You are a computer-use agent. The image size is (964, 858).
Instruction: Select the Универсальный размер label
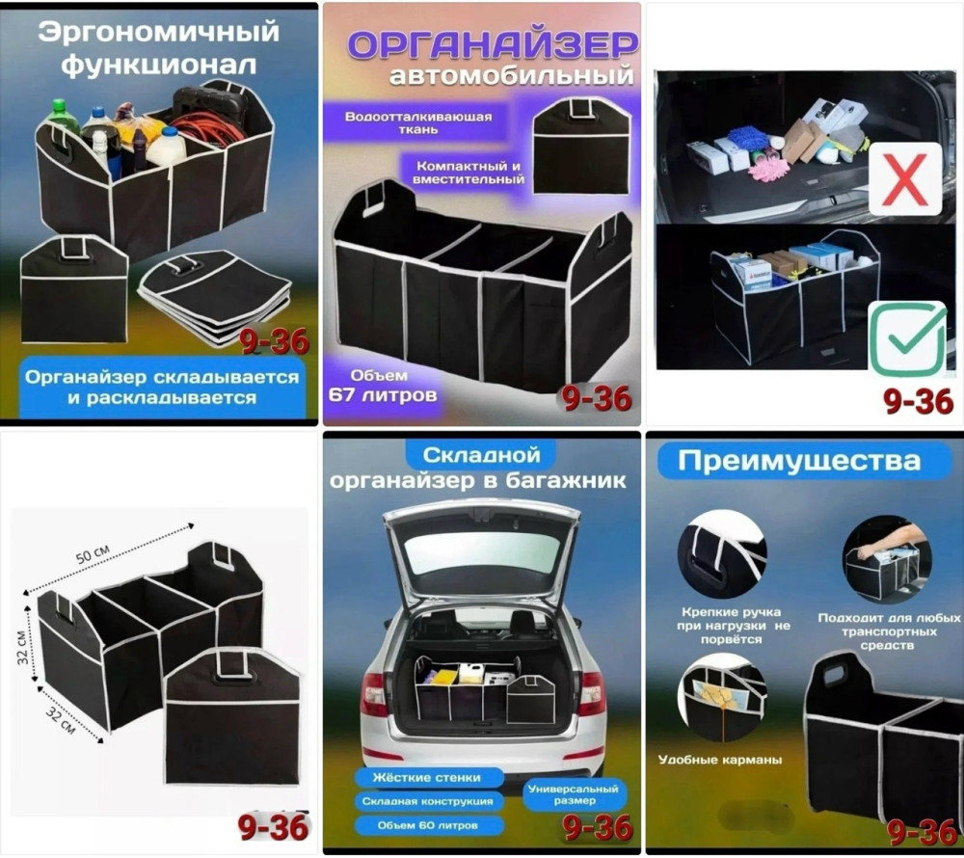pyautogui.click(x=575, y=794)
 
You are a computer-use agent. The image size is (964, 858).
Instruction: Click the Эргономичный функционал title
pyautogui.click(x=160, y=48)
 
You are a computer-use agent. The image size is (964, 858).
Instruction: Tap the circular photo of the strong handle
pyautogui.click(x=721, y=555)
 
